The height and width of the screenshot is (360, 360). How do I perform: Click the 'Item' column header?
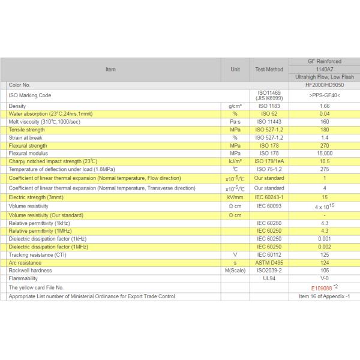pos(110,70)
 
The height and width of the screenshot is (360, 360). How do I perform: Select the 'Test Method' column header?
pos(269,70)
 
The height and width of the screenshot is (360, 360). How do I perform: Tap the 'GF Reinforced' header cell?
pos(324,61)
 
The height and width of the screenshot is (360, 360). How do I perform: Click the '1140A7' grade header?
pos(324,69)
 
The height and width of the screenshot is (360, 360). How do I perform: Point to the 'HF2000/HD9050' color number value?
pos(324,85)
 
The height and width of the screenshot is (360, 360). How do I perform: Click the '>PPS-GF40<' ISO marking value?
pos(324,95)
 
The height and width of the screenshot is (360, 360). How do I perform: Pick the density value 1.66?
pos(324,106)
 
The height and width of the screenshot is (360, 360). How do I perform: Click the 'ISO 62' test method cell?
pos(269,113)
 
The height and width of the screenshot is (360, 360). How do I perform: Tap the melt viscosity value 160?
pos(324,121)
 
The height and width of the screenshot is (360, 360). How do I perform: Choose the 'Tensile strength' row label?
pos(27,130)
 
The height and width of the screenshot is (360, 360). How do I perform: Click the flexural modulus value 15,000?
pos(324,154)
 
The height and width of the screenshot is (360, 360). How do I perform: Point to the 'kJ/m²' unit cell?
pos(235,161)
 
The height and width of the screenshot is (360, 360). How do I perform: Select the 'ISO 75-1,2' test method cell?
pos(269,169)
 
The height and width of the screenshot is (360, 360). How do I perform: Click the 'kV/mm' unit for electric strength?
pos(235,197)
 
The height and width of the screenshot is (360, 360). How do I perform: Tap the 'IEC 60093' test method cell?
pos(269,206)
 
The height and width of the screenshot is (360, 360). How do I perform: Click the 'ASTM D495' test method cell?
pos(269,262)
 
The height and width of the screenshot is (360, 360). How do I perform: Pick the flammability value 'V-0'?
pos(324,278)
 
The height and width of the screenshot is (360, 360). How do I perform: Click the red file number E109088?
pos(316,288)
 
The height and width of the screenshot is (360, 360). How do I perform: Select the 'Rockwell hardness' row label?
pos(29,270)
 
